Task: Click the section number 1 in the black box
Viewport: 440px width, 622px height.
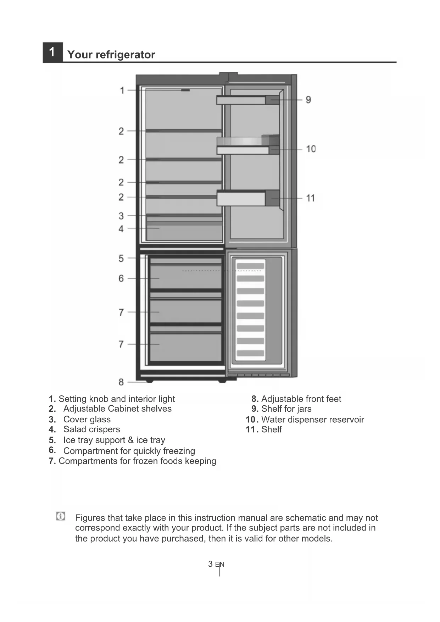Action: point(52,52)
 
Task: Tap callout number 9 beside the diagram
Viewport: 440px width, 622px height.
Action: point(308,100)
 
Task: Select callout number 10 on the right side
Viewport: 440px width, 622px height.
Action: point(311,149)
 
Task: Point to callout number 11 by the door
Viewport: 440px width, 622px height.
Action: point(310,198)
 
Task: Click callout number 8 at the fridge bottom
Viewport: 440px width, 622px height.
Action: point(121,382)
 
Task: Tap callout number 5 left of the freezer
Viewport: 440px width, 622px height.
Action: point(121,258)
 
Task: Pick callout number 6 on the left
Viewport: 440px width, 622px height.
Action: point(121,278)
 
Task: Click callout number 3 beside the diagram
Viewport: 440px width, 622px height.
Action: point(121,216)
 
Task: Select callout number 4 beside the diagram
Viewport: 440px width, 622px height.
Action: point(121,229)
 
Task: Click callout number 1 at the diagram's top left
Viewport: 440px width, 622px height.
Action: point(122,90)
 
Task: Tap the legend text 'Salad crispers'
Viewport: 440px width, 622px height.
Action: point(91,429)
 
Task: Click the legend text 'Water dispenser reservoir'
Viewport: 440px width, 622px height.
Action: point(312,420)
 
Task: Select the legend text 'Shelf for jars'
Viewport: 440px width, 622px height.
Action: point(286,409)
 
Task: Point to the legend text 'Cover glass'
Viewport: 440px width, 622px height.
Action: point(87,420)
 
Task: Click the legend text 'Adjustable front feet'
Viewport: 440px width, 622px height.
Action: point(301,399)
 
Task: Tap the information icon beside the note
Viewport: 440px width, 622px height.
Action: point(61,516)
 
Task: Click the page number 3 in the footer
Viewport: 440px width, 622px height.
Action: point(210,564)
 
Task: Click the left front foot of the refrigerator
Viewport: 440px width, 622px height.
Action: point(149,381)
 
